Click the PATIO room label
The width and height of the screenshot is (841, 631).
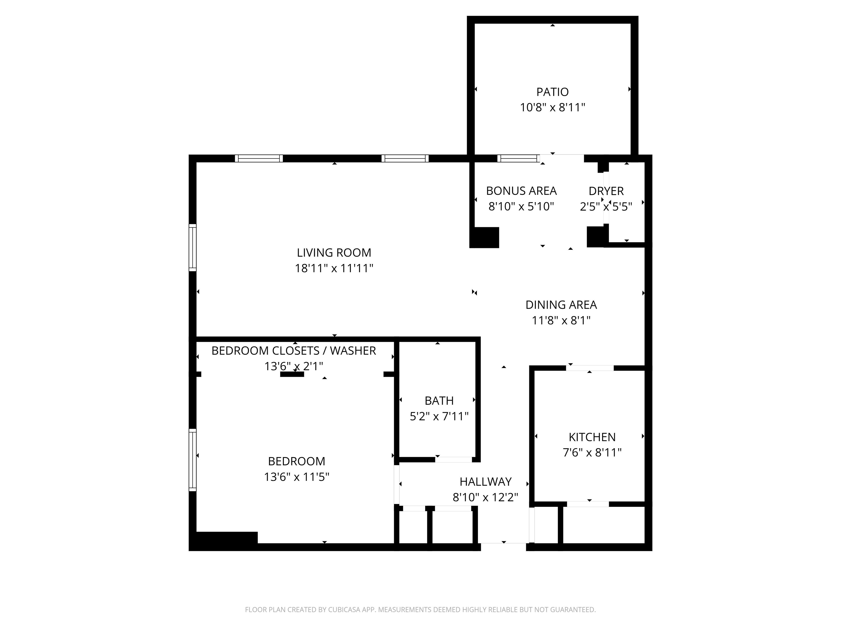click(552, 92)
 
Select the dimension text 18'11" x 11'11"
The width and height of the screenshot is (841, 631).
click(334, 268)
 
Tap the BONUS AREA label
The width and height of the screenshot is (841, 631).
click(521, 191)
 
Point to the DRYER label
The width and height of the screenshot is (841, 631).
click(606, 191)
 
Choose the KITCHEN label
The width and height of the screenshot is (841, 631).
click(592, 437)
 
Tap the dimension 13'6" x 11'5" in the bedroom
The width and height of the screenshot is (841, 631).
click(296, 477)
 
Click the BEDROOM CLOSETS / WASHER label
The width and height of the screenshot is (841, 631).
click(293, 351)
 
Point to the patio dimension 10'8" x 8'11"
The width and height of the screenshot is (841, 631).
click(552, 108)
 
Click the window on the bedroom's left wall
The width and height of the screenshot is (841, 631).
click(193, 460)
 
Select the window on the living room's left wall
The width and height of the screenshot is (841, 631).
click(193, 248)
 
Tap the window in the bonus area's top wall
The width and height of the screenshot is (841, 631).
click(518, 158)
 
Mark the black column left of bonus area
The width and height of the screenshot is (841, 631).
click(484, 238)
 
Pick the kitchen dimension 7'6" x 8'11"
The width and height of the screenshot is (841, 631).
click(592, 453)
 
